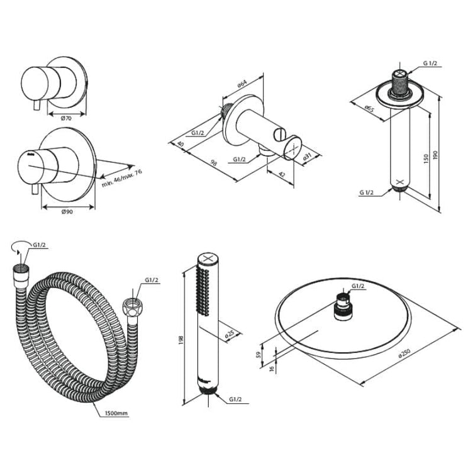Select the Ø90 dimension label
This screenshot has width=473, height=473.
point(68,213)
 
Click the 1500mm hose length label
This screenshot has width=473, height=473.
point(117,413)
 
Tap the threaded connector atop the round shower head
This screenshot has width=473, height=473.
point(342,307)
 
